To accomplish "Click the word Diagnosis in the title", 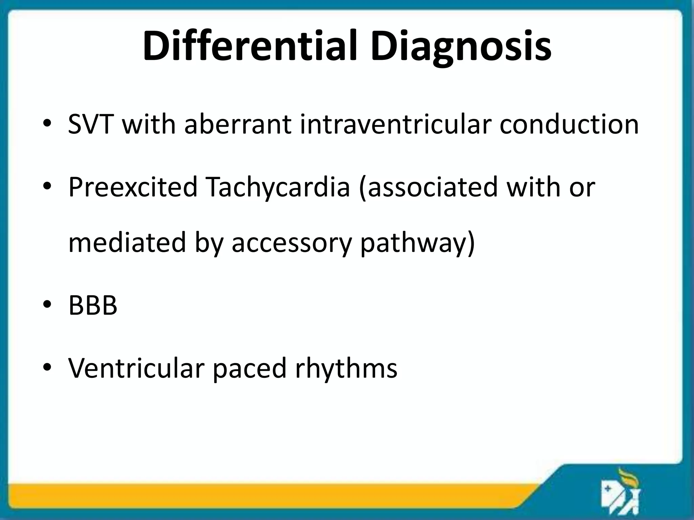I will (x=461, y=47).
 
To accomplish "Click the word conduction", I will (x=569, y=124).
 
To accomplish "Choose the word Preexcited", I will (x=133, y=187).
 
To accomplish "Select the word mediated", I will (x=127, y=242).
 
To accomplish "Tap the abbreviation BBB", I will (x=93, y=305).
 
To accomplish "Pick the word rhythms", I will (x=346, y=368).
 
